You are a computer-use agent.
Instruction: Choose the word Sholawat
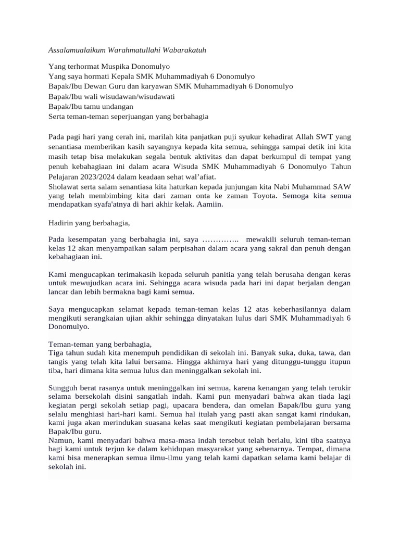tap(64, 186)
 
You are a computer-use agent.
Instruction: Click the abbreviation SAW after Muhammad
tap(341, 186)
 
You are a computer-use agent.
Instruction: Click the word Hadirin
tap(61, 223)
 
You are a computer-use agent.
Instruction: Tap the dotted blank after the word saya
tap(220, 239)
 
